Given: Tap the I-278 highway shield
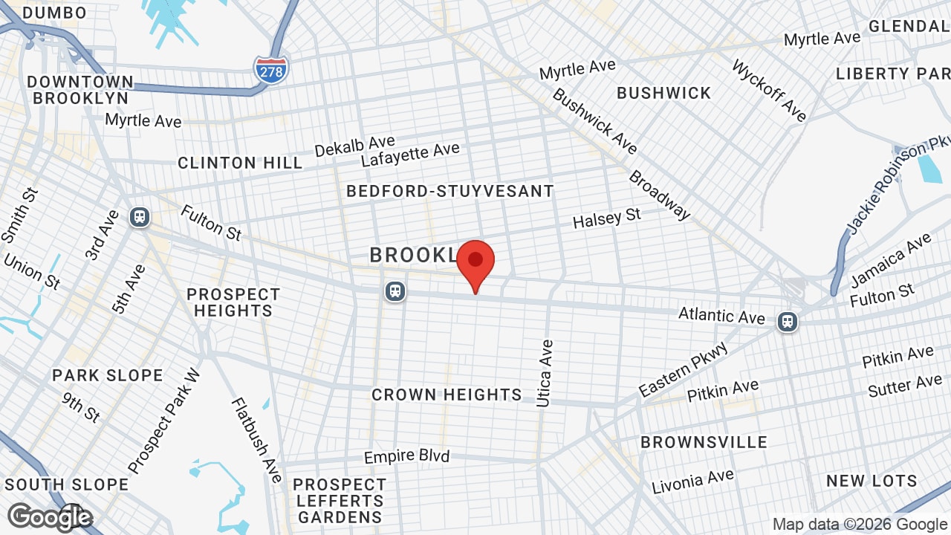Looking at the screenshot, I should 271,69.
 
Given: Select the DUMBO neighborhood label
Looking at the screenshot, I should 54,13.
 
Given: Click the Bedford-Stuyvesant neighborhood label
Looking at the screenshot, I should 450,191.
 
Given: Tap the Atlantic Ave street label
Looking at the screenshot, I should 721,316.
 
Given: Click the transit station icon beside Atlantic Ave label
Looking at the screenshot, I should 787,322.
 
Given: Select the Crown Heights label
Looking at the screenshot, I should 447,395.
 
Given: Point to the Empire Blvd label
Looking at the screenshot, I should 406,455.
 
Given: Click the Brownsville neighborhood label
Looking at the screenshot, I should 704,442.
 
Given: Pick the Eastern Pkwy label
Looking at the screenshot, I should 684,369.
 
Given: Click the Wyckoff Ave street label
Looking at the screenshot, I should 769,91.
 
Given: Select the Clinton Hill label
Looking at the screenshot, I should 240,163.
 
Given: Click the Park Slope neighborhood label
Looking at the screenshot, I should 108,375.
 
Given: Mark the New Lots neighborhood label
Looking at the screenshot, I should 872,481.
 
